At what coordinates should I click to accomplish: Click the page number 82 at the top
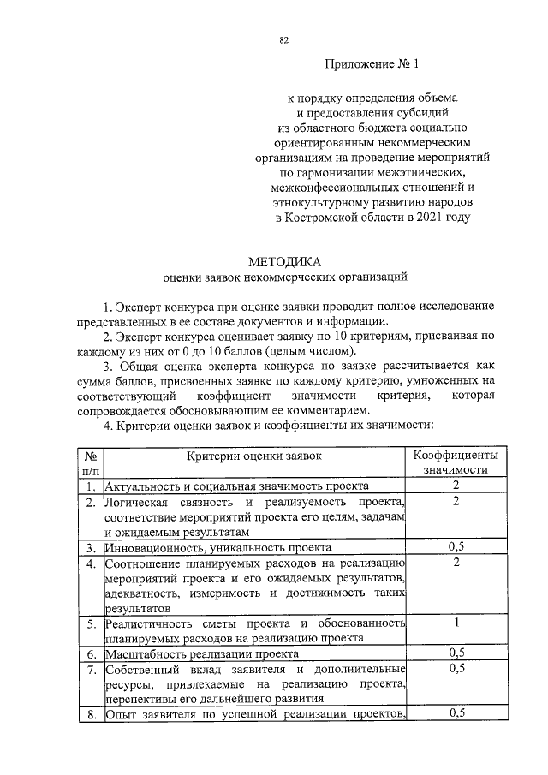tap(283, 39)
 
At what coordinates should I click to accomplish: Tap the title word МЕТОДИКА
tap(283, 261)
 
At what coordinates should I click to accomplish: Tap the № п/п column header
tap(89, 462)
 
